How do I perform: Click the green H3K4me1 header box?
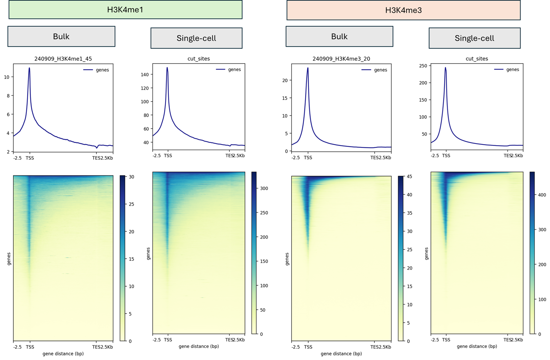point(125,10)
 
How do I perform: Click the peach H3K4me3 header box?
point(403,10)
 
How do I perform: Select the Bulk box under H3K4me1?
point(61,36)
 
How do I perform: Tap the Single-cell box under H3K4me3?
point(474,38)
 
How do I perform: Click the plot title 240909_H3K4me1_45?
point(63,59)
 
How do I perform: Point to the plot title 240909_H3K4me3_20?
point(341,59)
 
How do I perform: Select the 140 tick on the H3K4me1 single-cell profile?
point(145,74)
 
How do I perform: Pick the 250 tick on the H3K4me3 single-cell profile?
point(423,66)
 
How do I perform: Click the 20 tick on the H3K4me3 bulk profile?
point(285,80)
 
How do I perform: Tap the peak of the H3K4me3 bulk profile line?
point(308,68)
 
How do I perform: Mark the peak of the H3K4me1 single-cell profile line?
point(167,68)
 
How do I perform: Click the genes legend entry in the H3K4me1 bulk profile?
point(102,70)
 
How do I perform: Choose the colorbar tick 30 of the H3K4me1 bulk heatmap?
point(131,177)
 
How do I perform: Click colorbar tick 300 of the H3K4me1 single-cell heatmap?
point(264,189)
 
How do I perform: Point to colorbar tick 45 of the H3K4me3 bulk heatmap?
point(409,177)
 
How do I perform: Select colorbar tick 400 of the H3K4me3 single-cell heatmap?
point(542,195)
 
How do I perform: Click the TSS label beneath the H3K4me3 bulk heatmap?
point(308,347)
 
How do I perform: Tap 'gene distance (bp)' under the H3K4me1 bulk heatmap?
point(63,354)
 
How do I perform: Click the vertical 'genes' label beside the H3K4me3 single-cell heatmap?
point(426,254)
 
